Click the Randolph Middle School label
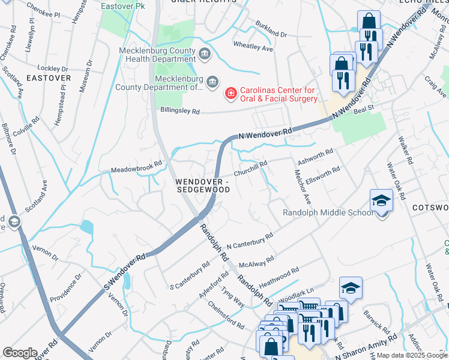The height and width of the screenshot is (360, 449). coord(328,213)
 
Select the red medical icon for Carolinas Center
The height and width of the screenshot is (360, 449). coord(230,94)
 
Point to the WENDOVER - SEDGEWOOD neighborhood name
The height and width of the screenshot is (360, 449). coord(203,185)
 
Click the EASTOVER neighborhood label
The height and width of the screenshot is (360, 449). coord(49,78)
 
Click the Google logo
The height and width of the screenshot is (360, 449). coord(20,353)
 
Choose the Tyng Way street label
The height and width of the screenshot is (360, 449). coord(232,298)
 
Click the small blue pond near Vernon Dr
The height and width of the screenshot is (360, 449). coord(86,227)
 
